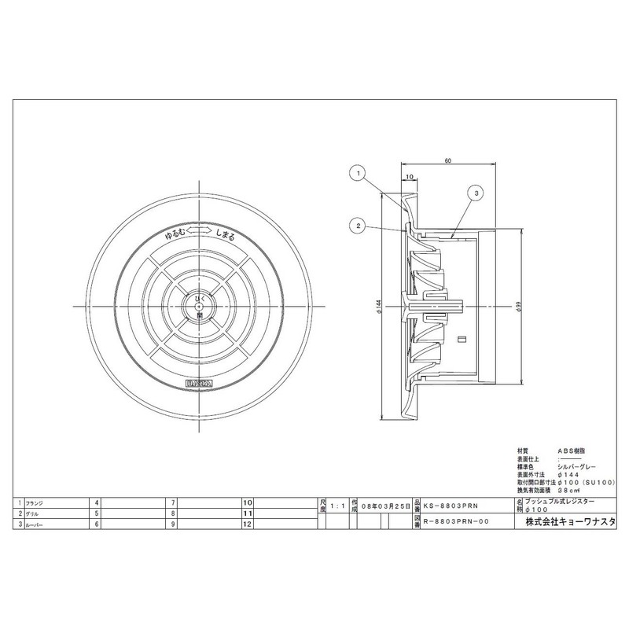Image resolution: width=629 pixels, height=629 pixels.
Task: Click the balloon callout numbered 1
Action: (x=357, y=171)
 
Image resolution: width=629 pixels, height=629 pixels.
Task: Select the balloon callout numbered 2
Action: (x=357, y=226)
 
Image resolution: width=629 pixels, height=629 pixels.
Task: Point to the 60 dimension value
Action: (x=447, y=161)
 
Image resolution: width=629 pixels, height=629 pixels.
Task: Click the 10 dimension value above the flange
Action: (x=410, y=177)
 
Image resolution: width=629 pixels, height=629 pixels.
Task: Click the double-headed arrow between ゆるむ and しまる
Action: (x=202, y=230)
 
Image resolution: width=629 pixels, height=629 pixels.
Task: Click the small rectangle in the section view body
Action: (x=462, y=340)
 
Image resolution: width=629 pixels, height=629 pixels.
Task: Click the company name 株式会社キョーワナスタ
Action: (x=570, y=523)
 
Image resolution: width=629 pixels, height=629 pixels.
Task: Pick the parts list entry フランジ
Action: (x=36, y=501)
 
